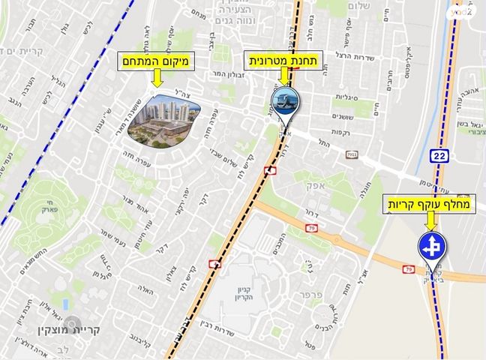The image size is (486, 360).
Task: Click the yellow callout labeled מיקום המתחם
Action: pos(156,61)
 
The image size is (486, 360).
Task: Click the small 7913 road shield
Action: pos(351,154)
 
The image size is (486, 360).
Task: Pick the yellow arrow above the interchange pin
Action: pos(430,221)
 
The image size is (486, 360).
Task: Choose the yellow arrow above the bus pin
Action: pos(286,77)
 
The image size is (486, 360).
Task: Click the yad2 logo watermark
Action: pos(463,10)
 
